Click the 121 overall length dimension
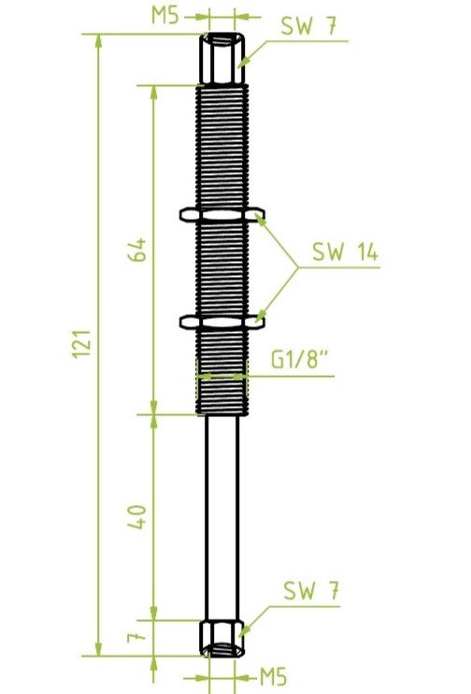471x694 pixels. pyautogui.click(x=81, y=343)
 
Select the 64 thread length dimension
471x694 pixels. pyautogui.click(x=137, y=250)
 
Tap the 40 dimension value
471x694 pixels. pyautogui.click(x=137, y=516)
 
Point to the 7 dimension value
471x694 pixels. pyautogui.click(x=136, y=637)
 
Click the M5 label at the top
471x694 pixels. pyautogui.click(x=165, y=15)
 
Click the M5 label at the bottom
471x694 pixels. pyautogui.click(x=273, y=677)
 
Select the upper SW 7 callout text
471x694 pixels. pyautogui.click(x=309, y=25)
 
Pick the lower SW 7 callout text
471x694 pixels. pyautogui.click(x=311, y=590)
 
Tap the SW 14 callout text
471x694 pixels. pyautogui.click(x=346, y=252)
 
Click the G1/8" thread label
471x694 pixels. pyautogui.click(x=300, y=359)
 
